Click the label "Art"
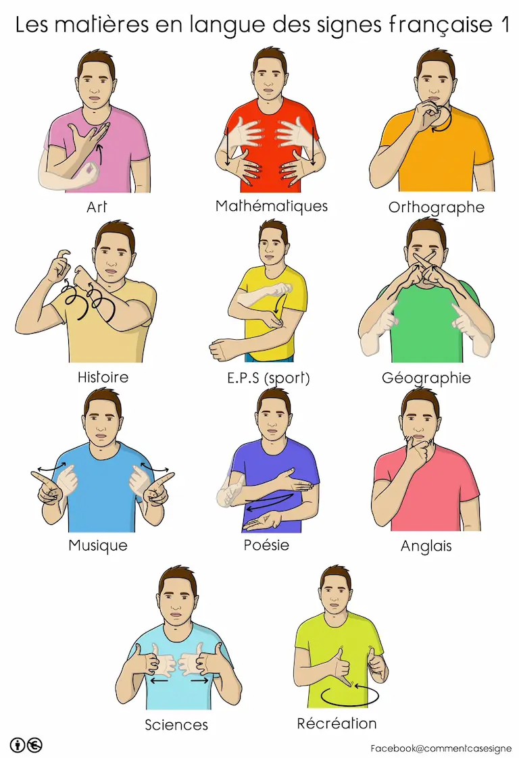coord(96,207)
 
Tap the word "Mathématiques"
coord(272,206)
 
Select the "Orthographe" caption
coord(437,207)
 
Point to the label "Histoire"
coord(103,377)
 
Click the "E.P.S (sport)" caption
coord(268,378)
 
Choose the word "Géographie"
coord(426,378)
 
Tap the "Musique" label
coord(98,545)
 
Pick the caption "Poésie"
coord(266,545)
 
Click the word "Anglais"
coord(426,547)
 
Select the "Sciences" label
coord(176,725)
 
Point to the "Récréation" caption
coord(337,724)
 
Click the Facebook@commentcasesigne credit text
coord(441,749)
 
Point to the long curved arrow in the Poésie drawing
coord(269,502)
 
